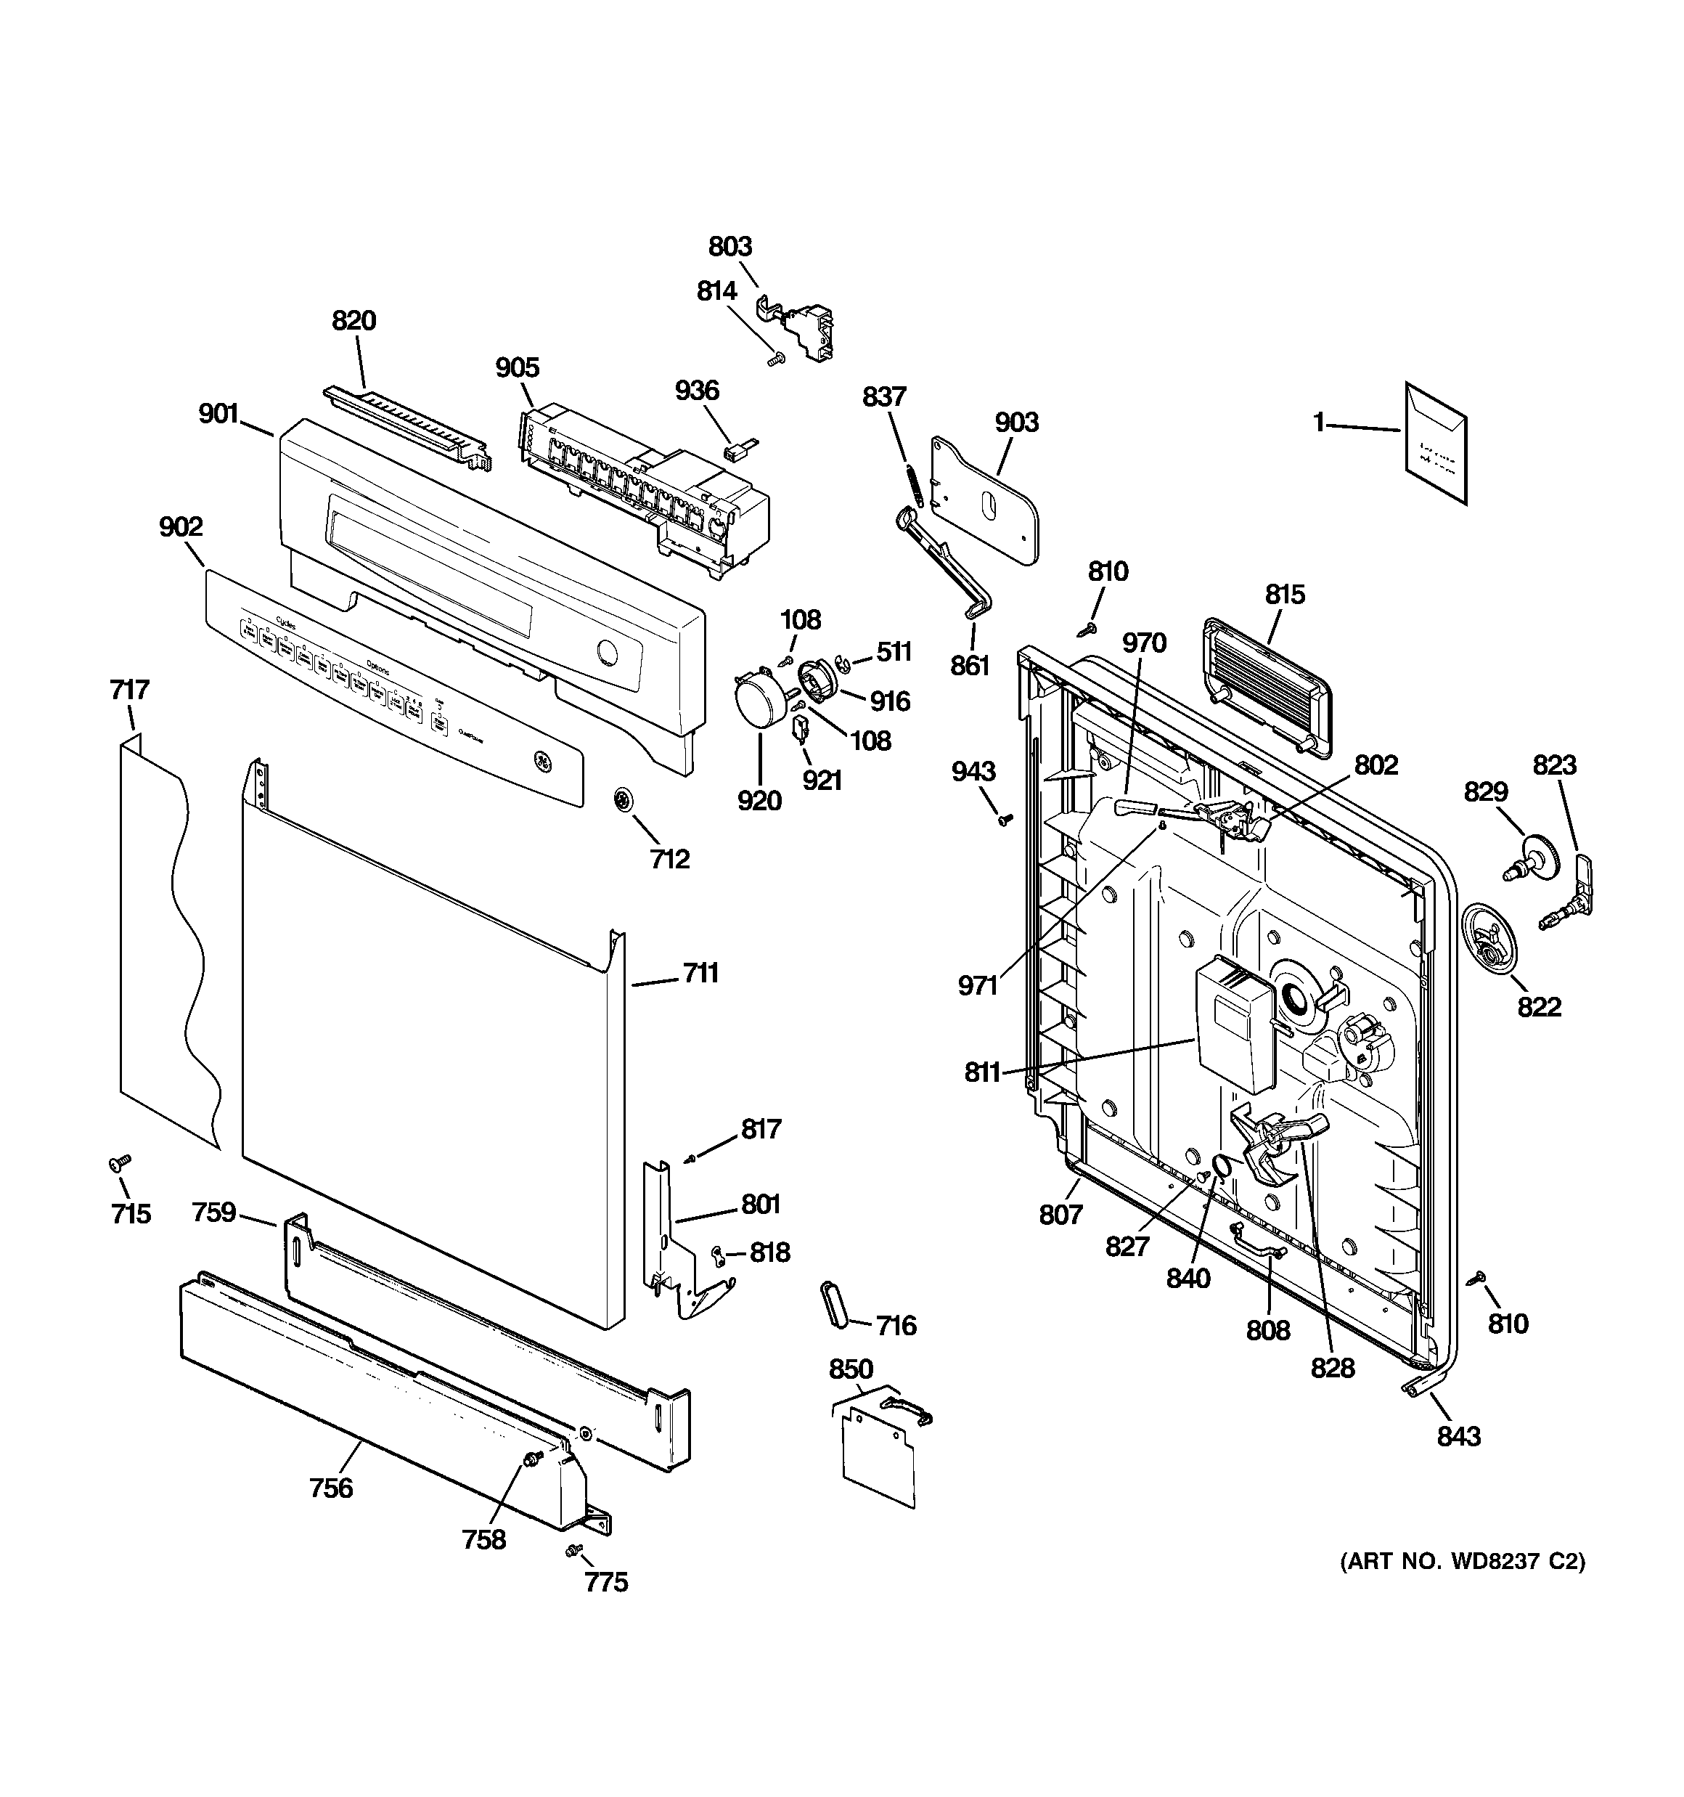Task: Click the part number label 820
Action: pos(353,320)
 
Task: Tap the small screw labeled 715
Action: pos(118,1162)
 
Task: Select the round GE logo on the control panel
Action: pos(543,761)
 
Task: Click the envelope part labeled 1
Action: pos(1436,442)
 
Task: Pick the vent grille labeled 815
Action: pos(1267,686)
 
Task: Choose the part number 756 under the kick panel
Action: pos(331,1487)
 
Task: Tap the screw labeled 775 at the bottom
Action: pos(571,1550)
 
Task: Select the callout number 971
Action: pos(978,985)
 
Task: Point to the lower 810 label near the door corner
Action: pos(1507,1324)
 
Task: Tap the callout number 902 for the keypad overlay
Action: pos(181,526)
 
